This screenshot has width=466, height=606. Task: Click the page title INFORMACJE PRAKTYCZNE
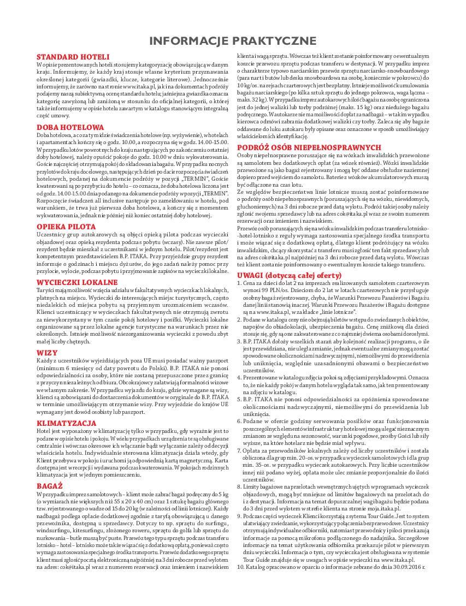click(233, 41)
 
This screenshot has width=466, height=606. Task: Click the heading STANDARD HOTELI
click(73, 57)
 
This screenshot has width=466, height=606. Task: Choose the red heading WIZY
click(46, 353)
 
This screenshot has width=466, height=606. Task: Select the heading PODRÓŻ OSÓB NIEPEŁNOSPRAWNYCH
click(309, 147)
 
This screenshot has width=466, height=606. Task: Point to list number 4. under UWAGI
click(240, 377)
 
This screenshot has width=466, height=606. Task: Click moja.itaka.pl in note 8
click(395, 509)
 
